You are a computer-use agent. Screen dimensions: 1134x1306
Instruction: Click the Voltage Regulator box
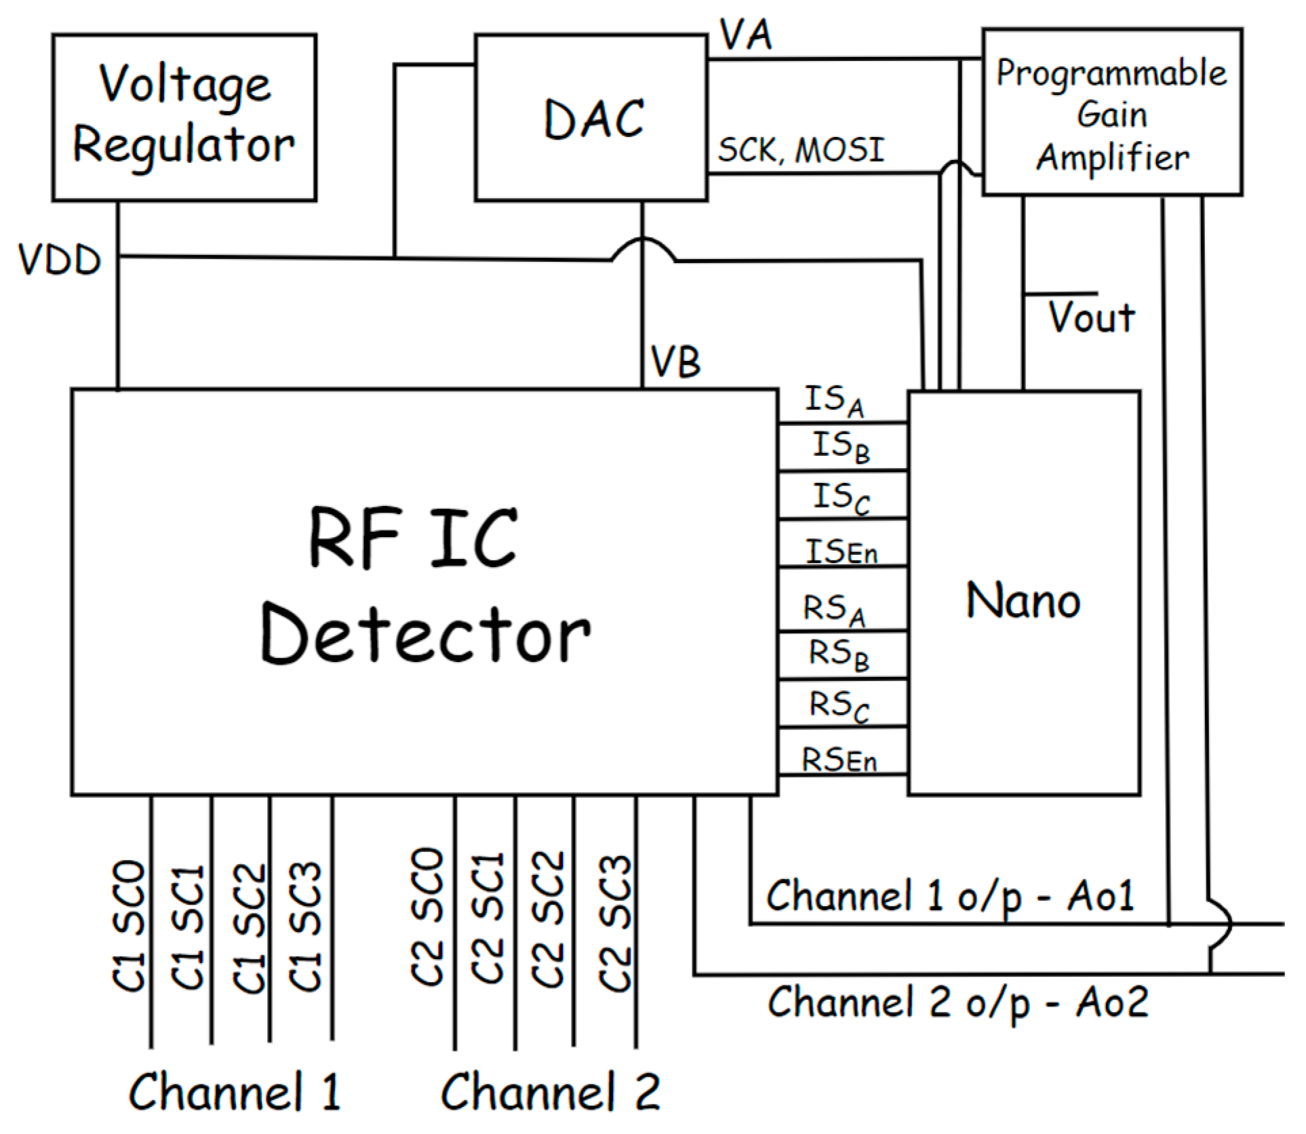184,117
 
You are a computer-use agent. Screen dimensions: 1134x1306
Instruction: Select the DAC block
591,118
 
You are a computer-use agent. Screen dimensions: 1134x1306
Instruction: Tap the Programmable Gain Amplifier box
1112,113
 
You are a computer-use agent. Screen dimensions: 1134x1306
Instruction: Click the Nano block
1023,600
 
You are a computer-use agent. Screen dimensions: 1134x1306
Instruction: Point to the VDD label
60,260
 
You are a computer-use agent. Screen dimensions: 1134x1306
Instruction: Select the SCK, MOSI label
802,150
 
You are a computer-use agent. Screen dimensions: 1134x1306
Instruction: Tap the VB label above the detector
675,361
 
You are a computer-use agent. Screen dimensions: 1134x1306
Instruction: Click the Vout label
1092,317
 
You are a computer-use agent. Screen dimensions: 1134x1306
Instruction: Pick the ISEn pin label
842,551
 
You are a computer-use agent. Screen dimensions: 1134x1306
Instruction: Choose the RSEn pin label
839,760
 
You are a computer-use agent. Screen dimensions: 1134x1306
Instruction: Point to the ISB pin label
841,447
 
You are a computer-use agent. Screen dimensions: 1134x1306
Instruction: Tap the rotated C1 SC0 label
129,926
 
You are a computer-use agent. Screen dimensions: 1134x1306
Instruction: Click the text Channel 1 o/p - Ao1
950,896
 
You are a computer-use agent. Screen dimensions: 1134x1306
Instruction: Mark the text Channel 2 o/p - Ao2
957,1002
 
